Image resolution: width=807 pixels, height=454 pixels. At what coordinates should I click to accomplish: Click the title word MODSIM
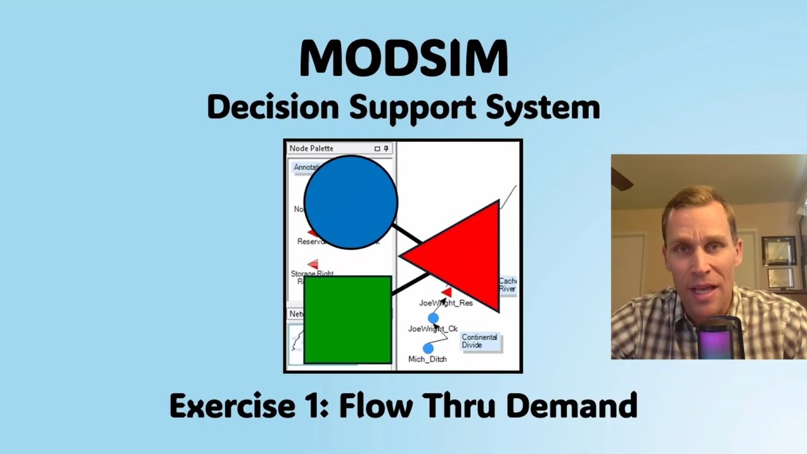403,58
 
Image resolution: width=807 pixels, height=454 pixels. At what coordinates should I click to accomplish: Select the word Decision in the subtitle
272,107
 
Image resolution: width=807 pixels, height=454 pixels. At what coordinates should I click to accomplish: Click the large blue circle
351,202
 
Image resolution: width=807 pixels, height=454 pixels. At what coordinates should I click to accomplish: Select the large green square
347,320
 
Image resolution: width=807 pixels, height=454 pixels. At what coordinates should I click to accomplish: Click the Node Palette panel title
311,148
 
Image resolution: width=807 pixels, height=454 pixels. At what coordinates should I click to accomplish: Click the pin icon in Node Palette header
386,149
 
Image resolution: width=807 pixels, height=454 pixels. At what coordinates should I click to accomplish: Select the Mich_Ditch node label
427,359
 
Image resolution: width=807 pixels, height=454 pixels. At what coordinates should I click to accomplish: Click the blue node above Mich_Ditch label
428,348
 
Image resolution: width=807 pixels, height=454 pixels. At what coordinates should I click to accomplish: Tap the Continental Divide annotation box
480,341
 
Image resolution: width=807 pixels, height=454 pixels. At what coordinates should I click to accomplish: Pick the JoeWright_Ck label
433,329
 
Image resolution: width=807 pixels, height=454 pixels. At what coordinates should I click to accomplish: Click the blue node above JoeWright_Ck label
433,318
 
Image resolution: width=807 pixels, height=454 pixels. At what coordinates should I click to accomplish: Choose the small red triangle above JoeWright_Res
446,292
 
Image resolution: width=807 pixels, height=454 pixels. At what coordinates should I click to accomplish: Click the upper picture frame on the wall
779,250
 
